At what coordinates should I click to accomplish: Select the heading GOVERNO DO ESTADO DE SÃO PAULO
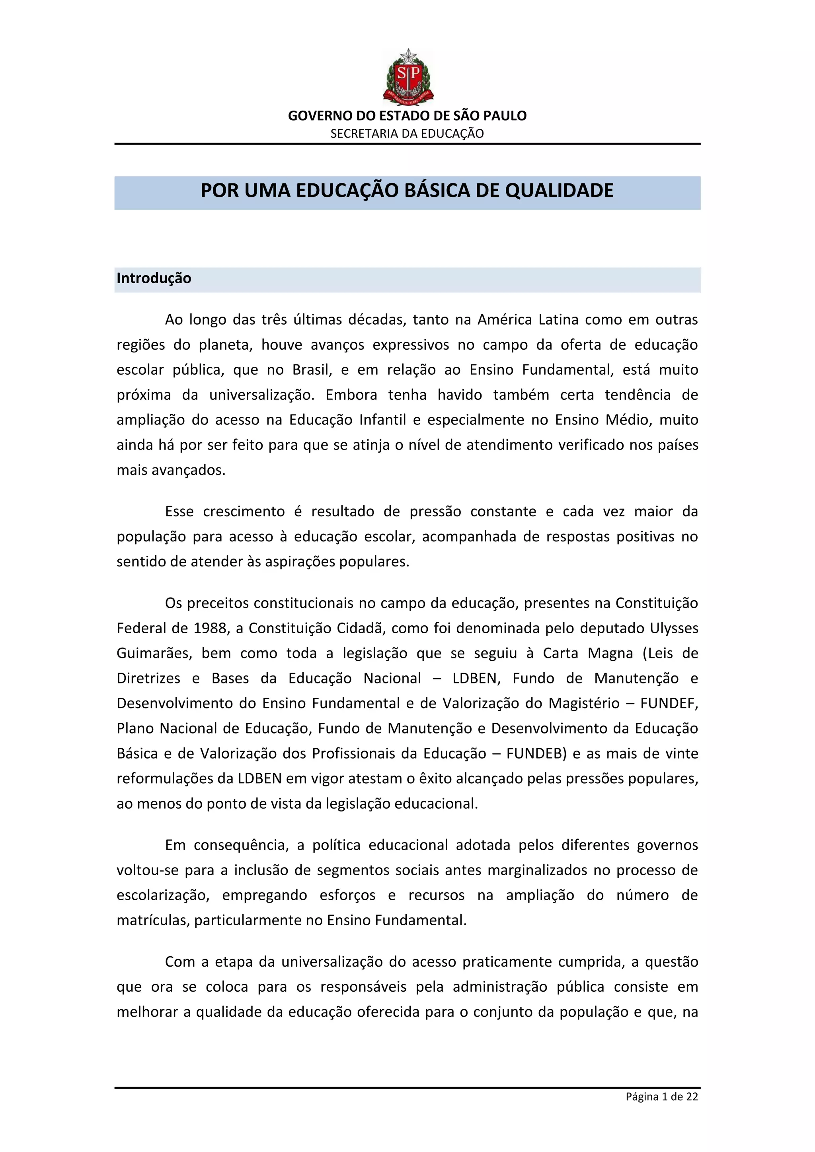coord(407,116)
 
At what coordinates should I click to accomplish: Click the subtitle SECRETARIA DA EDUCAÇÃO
coord(407,134)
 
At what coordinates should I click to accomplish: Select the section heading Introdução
coord(154,278)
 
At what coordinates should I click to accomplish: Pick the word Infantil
coord(382,420)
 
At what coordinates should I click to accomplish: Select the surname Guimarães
coord(154,653)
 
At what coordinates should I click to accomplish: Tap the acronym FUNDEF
coord(669,703)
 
